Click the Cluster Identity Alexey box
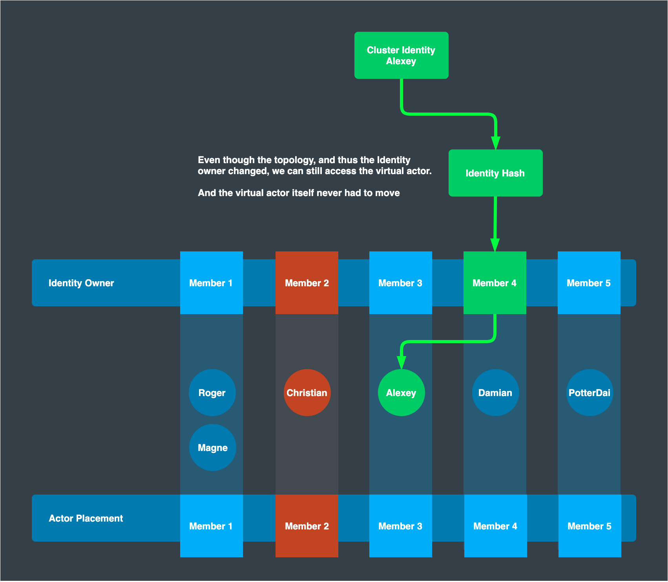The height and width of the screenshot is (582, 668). click(401, 55)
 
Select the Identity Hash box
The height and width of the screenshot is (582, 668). click(495, 173)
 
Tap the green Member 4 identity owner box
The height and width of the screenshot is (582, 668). click(495, 283)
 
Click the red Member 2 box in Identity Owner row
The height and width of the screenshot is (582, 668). click(307, 283)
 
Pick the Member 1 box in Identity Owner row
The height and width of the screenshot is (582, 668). click(211, 283)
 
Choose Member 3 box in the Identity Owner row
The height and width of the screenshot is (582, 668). click(400, 283)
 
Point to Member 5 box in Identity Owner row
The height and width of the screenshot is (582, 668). click(589, 283)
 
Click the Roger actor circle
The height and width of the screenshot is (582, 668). click(212, 393)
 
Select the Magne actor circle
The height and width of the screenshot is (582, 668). click(212, 447)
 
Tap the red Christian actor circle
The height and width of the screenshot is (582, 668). click(307, 393)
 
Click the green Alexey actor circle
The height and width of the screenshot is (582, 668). click(401, 393)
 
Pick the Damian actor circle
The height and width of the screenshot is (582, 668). click(495, 393)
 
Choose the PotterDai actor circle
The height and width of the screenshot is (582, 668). click(590, 393)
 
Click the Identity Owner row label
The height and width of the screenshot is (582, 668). click(81, 283)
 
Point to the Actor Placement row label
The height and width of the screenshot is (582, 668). click(86, 518)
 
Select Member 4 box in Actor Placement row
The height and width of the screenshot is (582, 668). click(495, 526)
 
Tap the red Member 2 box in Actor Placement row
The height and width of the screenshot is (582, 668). click(307, 526)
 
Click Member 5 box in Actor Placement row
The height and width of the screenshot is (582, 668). click(590, 526)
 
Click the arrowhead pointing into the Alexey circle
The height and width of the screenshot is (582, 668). click(401, 363)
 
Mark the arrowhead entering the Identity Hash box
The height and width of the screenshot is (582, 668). click(496, 143)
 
